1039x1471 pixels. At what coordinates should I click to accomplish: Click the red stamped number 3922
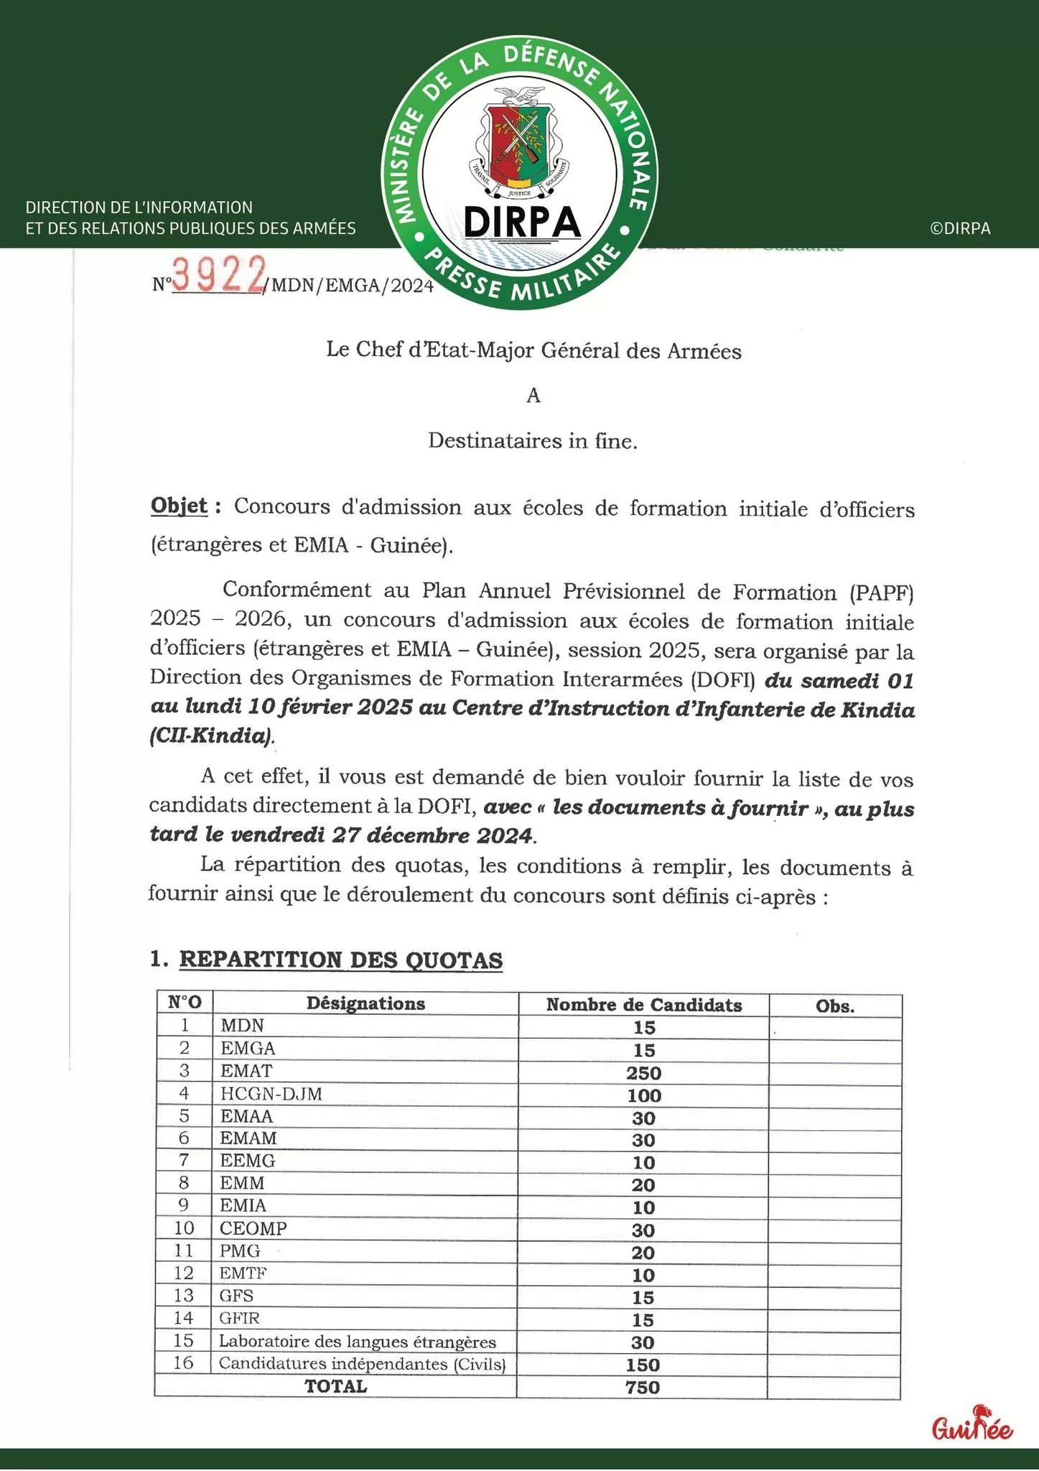click(217, 276)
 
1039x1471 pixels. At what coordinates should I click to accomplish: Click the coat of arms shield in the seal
click(519, 141)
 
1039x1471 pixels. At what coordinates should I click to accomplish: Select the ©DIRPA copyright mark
click(960, 228)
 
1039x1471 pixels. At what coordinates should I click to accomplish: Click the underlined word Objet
click(179, 506)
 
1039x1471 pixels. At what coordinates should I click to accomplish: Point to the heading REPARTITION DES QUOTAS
click(340, 960)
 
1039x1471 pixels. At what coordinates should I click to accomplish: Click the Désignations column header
click(365, 1003)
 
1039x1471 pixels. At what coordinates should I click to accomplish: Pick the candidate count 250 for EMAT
click(643, 1073)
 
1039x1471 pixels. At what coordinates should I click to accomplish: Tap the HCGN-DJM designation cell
click(271, 1094)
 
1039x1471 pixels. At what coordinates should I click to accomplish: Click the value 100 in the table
click(643, 1096)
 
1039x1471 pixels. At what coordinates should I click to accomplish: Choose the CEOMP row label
click(253, 1228)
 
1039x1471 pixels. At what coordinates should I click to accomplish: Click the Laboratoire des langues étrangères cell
click(358, 1341)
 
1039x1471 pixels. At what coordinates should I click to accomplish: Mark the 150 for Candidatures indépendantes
click(643, 1365)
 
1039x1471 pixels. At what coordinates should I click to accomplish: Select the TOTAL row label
click(335, 1386)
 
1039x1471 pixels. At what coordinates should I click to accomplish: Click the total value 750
click(643, 1388)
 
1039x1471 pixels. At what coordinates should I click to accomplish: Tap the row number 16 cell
click(184, 1363)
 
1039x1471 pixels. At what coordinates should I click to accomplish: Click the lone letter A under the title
click(533, 396)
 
